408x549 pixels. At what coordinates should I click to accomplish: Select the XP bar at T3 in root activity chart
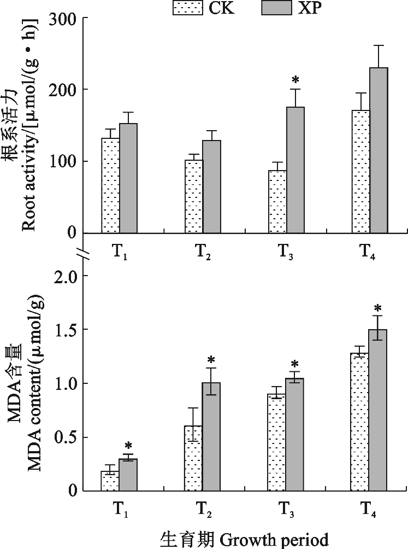coord(295,170)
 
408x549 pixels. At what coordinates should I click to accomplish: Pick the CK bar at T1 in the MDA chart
coord(110,481)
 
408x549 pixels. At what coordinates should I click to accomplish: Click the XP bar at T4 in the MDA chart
coord(377,410)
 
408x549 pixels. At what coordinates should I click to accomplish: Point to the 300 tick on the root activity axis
coord(65,19)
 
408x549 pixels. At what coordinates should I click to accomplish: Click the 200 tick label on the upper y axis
coord(65,90)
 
